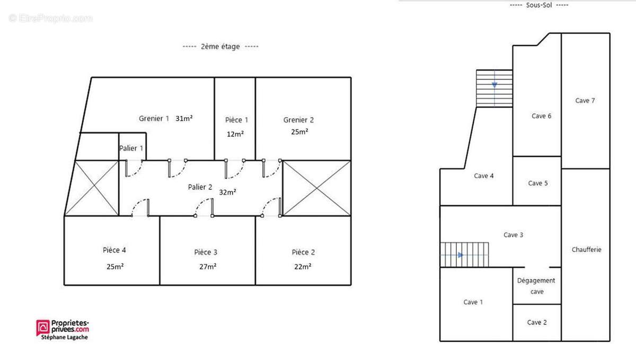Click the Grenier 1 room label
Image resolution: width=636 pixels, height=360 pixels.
[x=154, y=118]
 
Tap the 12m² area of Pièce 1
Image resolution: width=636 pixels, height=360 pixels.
[x=235, y=134]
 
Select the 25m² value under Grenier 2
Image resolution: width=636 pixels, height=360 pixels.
[x=299, y=132]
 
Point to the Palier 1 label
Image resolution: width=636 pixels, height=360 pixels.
[x=131, y=148]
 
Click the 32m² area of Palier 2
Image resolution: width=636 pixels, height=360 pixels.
[x=227, y=192]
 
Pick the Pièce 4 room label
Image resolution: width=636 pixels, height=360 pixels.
[x=114, y=250]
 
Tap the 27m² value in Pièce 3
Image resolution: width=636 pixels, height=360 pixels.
[x=208, y=267]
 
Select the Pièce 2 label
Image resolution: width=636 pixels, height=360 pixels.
[x=303, y=252]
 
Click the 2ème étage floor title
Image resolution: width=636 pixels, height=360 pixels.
[x=220, y=46]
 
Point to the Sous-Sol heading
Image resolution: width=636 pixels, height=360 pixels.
[x=539, y=5]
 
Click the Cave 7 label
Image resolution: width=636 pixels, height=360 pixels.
[x=585, y=101]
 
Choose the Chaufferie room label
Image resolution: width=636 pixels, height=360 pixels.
[x=586, y=250]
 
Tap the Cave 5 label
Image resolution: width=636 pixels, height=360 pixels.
[x=538, y=183]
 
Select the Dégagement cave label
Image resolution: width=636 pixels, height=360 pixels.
[x=536, y=286]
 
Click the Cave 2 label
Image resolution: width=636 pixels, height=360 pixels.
[x=536, y=322]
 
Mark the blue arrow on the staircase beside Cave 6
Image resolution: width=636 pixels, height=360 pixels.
[x=494, y=85]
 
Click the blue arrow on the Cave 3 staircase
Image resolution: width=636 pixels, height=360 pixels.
[x=461, y=255]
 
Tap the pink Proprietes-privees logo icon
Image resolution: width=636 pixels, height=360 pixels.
[x=43, y=328]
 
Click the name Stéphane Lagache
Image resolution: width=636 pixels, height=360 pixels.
[x=65, y=337]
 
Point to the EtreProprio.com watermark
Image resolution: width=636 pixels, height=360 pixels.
[x=50, y=18]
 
